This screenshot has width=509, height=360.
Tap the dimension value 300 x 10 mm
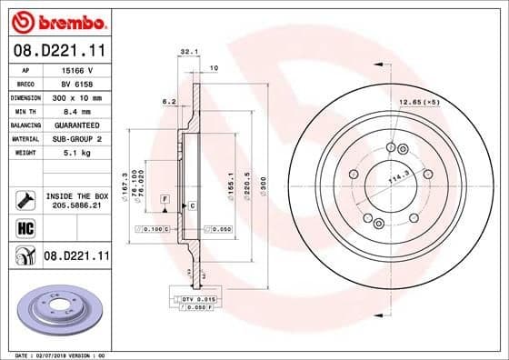tap(75, 95)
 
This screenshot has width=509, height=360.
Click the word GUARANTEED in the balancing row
tap(76, 124)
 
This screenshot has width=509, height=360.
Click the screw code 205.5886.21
tap(76, 205)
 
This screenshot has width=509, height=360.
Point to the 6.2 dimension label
tap(168, 101)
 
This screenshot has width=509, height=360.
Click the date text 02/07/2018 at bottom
tap(58, 354)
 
